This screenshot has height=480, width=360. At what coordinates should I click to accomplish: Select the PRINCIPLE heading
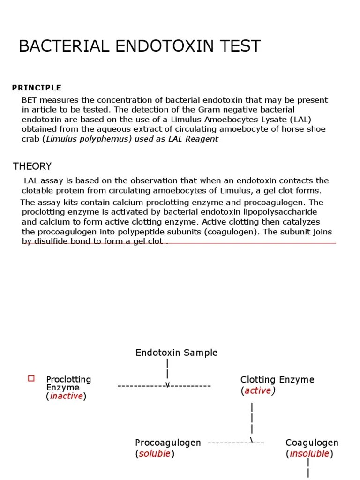pyautogui.click(x=37, y=88)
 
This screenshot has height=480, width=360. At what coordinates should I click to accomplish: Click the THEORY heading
pyautogui.click(x=32, y=166)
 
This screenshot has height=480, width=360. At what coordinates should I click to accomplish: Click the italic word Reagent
pyautogui.click(x=202, y=139)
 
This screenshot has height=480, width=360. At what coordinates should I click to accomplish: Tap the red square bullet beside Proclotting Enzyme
pyautogui.click(x=32, y=378)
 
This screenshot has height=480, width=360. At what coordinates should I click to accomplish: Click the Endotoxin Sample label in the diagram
pyautogui.click(x=176, y=352)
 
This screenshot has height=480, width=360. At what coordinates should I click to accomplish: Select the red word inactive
pyautogui.click(x=66, y=396)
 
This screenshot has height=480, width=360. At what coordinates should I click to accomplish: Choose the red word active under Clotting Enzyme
pyautogui.click(x=258, y=390)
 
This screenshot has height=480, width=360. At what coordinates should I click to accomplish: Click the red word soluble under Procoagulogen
pyautogui.click(x=155, y=453)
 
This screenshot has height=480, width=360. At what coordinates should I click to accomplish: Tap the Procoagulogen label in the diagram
pyautogui.click(x=168, y=442)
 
